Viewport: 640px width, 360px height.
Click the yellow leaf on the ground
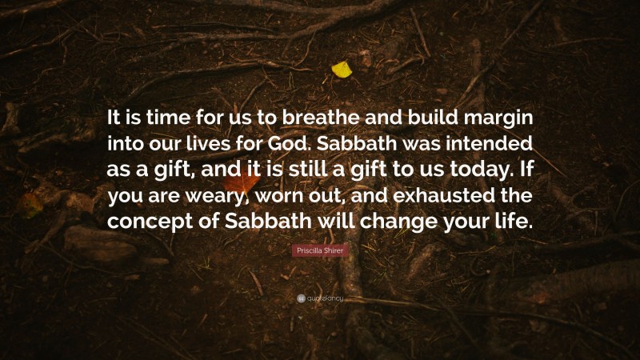coord(342,70)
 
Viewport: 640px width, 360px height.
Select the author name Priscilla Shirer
coord(319,251)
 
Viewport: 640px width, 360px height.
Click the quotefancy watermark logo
coord(319,298)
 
